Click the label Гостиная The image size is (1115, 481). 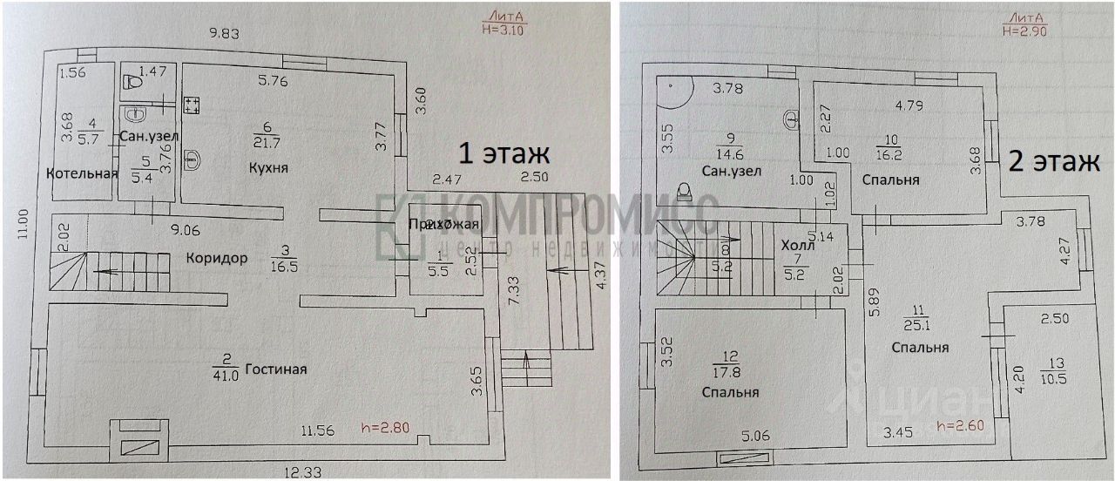point(276,369)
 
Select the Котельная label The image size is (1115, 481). point(82,173)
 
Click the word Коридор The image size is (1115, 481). point(217,258)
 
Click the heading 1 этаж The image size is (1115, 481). point(504,154)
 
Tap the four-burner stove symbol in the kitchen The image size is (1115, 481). point(193,105)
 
